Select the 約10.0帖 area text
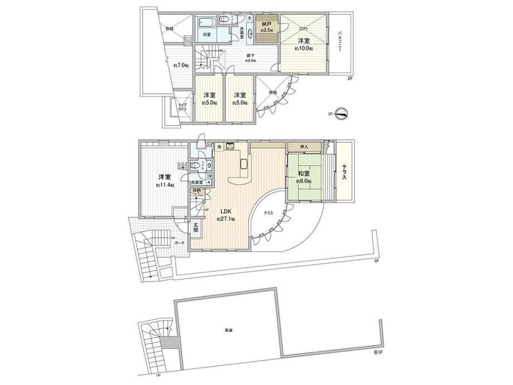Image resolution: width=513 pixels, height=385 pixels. point(303,49)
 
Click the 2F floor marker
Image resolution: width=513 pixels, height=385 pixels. point(350,78)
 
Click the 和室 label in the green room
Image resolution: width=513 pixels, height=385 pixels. point(304,174)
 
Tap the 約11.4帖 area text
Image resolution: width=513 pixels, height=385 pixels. point(164,185)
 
